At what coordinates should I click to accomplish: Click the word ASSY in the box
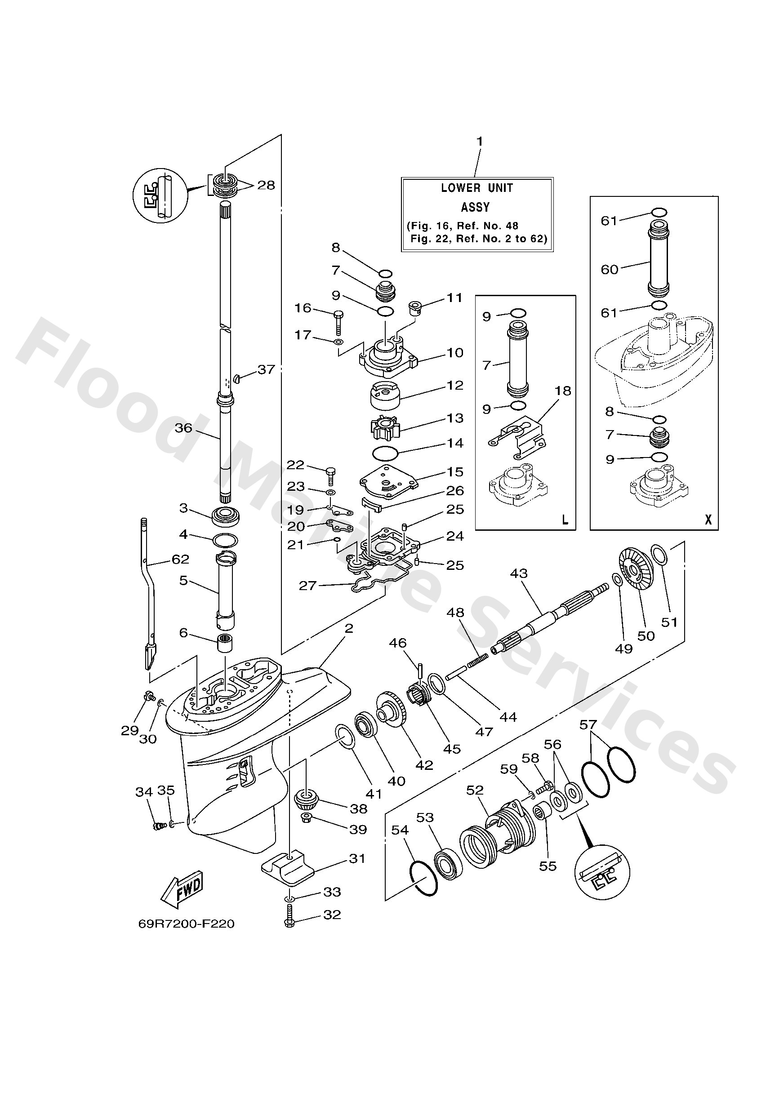(x=475, y=207)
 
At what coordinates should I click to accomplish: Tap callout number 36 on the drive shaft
(x=183, y=427)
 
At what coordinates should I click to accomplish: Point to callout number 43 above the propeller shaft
(x=518, y=573)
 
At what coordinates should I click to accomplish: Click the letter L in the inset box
(x=565, y=520)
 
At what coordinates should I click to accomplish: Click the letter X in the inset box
(x=708, y=520)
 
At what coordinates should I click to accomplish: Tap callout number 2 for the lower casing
(x=348, y=628)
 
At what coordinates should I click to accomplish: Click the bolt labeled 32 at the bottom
(x=289, y=916)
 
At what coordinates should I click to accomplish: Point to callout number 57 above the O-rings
(x=588, y=724)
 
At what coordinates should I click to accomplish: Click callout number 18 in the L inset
(x=563, y=391)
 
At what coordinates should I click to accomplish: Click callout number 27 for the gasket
(x=307, y=585)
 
